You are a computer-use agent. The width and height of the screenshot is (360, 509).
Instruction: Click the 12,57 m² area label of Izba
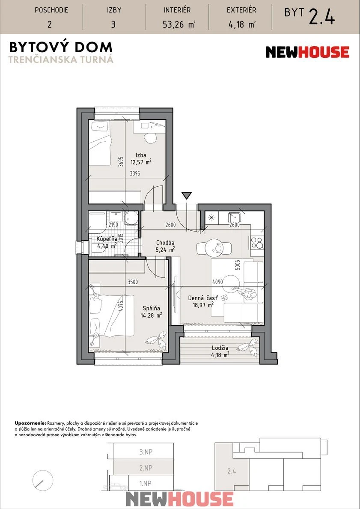coord(141,162)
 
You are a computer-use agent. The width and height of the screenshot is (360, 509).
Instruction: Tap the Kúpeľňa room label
coord(107,239)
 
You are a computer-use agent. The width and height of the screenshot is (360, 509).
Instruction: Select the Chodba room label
coord(165,242)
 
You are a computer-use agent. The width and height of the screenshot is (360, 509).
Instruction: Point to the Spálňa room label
coord(153,308)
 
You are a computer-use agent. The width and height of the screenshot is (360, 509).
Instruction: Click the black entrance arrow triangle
coord(186,195)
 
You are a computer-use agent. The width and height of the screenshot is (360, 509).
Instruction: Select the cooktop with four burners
coord(257,242)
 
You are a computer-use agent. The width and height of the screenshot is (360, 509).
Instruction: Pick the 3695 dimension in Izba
coord(121,162)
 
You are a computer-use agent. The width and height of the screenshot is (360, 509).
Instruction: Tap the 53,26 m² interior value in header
coord(179,24)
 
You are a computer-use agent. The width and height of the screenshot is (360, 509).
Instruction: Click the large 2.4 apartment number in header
coord(321,17)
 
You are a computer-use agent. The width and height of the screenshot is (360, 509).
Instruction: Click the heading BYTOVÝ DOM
coord(61,47)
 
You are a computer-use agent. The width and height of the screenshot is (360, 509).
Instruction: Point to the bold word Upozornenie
coord(30,424)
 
